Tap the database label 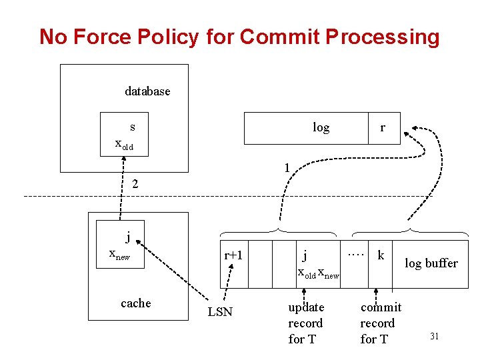[147, 91]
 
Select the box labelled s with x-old [124, 134]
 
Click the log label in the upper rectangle [321, 127]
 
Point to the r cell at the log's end [383, 127]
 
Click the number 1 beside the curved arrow [287, 169]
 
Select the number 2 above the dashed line [135, 183]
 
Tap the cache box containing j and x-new [121, 246]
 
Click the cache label [136, 303]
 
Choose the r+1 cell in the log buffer [233, 255]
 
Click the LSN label [220, 312]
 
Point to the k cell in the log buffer [381, 255]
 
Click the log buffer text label [431, 263]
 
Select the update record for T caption [305, 323]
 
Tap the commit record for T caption [381, 323]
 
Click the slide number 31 [434, 337]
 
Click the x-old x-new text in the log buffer [318, 273]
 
